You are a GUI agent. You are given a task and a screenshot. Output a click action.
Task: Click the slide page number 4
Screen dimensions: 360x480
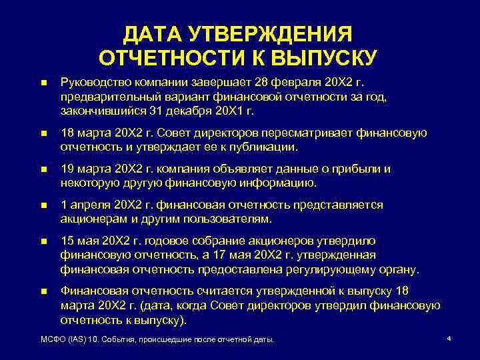point(449,339)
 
